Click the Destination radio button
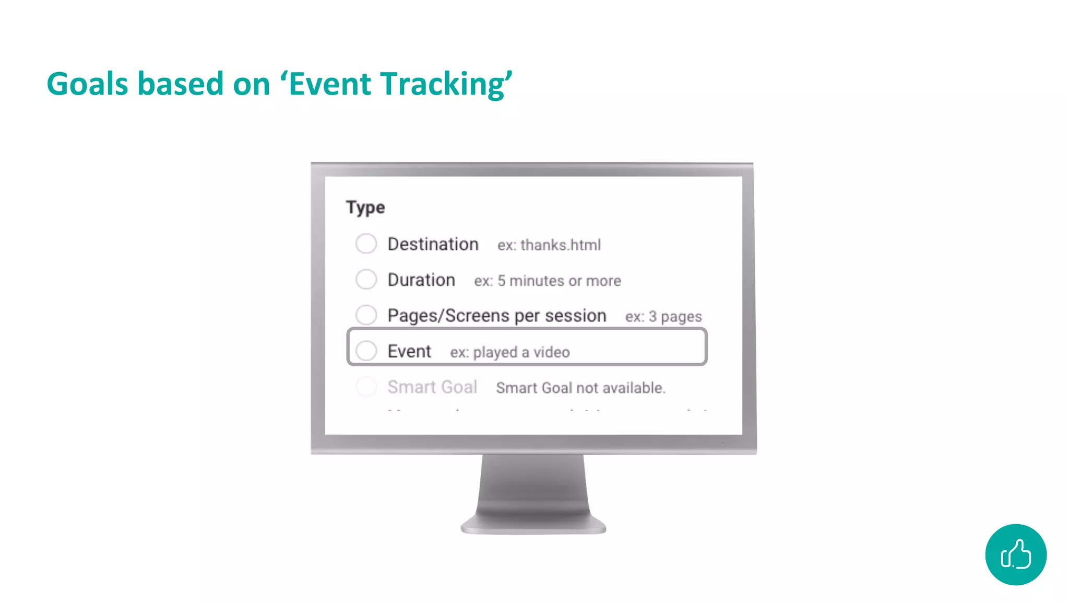(x=366, y=244)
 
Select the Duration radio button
(x=366, y=279)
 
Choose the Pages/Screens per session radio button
(x=366, y=315)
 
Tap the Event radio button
(x=366, y=351)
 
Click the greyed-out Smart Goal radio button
(x=366, y=387)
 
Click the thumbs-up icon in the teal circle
(x=1015, y=554)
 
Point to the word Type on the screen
(x=365, y=207)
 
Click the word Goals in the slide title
(x=87, y=84)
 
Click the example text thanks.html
(x=560, y=245)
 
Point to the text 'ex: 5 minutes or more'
(x=548, y=281)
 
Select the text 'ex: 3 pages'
(x=663, y=317)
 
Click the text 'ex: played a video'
(x=510, y=352)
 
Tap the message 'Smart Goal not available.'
(x=580, y=388)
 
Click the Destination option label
(x=433, y=244)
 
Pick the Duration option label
(x=421, y=280)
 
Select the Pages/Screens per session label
(x=496, y=316)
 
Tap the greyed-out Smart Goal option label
(x=432, y=387)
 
